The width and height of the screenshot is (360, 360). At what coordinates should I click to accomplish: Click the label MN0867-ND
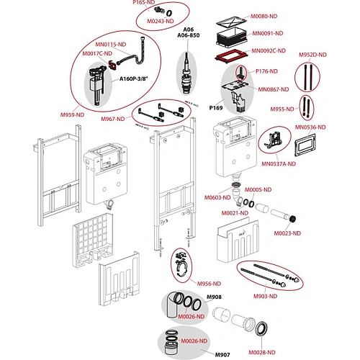pyautogui.click(x=274, y=89)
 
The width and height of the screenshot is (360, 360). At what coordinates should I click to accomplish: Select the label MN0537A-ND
pyautogui.click(x=279, y=164)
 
